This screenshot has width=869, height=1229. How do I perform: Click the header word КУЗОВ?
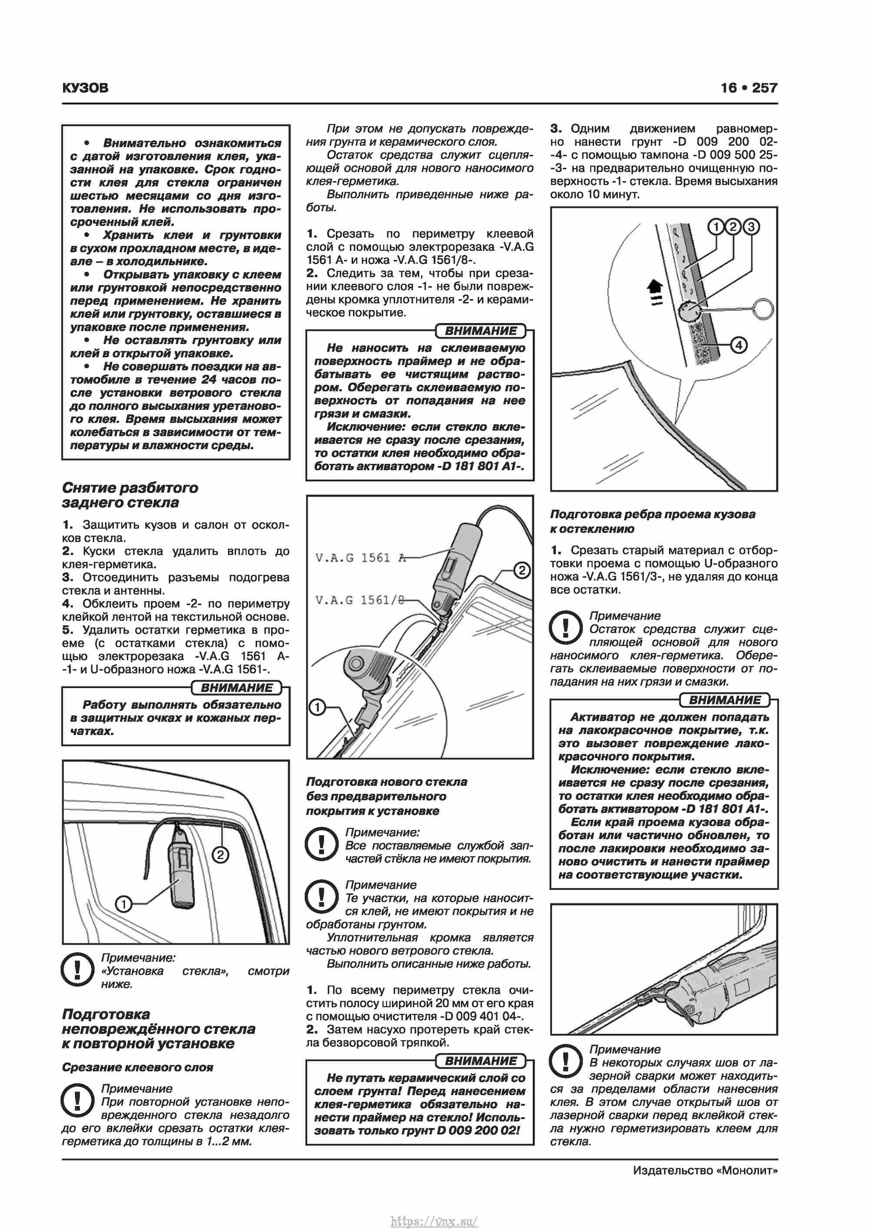[85, 88]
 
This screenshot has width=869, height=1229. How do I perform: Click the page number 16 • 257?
[749, 88]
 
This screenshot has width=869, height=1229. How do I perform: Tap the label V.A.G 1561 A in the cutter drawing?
[360, 558]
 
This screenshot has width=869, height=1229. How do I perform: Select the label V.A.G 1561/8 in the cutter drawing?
[360, 600]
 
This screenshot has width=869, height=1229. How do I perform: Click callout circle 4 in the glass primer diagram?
[739, 345]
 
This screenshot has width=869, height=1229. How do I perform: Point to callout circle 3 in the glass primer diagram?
[751, 227]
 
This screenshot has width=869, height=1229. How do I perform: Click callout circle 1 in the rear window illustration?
[123, 904]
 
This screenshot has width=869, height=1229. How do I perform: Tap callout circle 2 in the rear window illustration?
[220, 855]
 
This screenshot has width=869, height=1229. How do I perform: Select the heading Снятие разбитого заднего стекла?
[130, 495]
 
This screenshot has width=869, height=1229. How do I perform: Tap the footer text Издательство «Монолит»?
[705, 1170]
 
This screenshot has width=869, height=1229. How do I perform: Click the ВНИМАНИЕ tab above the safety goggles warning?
[236, 688]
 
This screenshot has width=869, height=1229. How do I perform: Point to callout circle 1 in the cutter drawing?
[317, 708]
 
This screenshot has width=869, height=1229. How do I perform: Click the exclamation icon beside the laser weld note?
[566, 1061]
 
